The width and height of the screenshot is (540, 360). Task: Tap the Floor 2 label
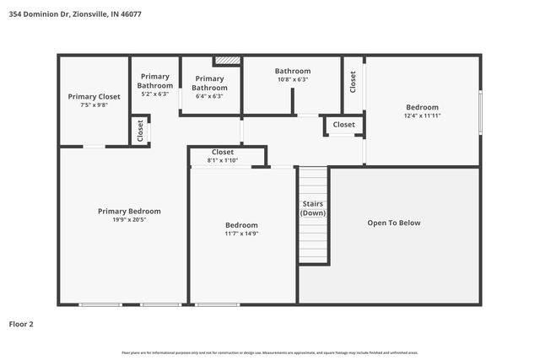tap(21, 323)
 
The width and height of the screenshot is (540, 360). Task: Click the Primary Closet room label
tap(94, 97)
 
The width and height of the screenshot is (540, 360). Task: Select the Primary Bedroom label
tap(129, 212)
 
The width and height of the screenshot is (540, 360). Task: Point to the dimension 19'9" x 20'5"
tap(129, 220)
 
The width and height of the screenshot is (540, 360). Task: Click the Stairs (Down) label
tap(313, 208)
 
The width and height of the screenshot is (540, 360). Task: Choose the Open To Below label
tap(393, 223)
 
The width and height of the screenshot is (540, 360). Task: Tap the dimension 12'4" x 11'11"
tap(422, 116)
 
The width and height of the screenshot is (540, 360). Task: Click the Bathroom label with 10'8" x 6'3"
tap(292, 72)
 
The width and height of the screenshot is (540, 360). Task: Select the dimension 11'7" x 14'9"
tap(241, 234)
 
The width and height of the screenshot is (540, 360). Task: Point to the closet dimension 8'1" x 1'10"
tap(223, 160)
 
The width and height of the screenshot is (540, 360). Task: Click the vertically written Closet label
tap(353, 81)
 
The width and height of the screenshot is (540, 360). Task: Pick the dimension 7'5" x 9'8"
tap(94, 105)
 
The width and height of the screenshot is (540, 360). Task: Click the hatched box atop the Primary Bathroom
tap(226, 61)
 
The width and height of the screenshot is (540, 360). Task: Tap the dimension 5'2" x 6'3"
tap(154, 94)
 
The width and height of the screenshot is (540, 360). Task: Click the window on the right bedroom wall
tap(480, 112)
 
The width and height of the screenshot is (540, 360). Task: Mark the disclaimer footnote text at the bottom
tap(270, 352)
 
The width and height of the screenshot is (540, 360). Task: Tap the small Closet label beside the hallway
tap(343, 125)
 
